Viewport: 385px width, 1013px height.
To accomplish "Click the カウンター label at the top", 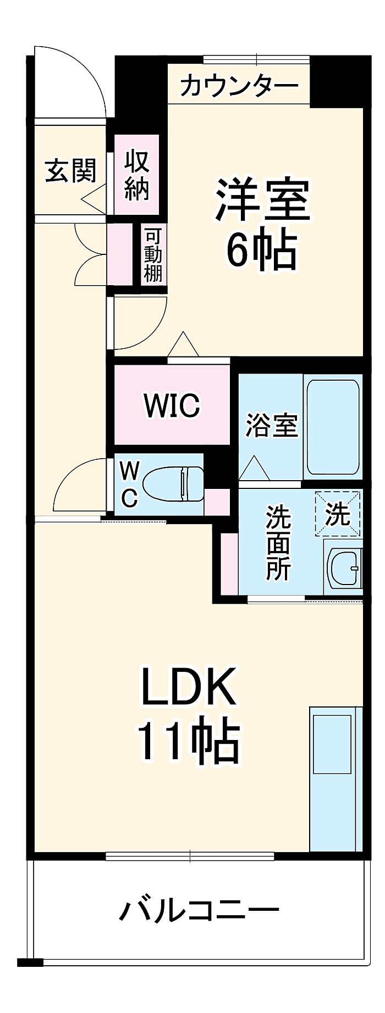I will coord(239,86).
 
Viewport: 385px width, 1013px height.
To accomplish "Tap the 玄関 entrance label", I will coord(71,170).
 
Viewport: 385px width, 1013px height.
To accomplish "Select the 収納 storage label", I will coord(136,175).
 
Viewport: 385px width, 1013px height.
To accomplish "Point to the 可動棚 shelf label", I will coord(153,255).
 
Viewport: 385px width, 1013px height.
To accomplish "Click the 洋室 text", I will coord(263,200).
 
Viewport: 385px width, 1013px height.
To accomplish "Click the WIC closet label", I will coord(172,405).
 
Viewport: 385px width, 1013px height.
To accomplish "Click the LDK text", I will coord(189,686).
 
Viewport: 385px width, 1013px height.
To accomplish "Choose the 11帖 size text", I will coord(189,739).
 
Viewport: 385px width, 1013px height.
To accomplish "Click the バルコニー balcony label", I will coord(199,911).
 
